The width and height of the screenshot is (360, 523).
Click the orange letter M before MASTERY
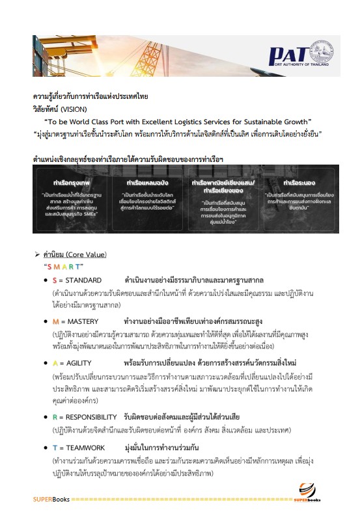(56, 303)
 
